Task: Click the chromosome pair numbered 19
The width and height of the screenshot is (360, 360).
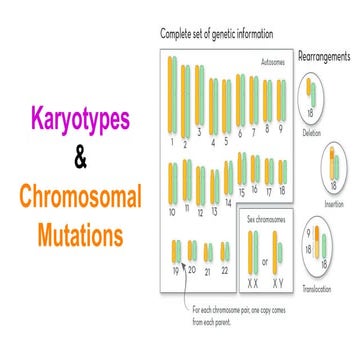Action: point(177,250)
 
